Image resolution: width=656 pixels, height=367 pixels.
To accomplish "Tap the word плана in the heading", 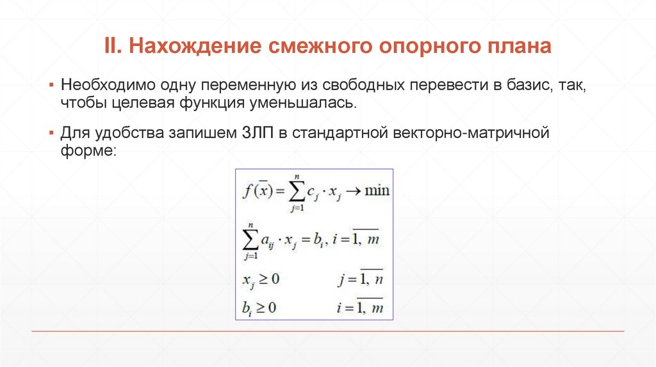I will (x=514, y=47).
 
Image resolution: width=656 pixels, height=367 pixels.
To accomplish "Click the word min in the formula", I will (x=377, y=191).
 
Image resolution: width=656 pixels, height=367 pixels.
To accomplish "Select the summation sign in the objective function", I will (x=295, y=191).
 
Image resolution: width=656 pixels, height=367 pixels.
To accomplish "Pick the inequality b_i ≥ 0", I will (x=259, y=308).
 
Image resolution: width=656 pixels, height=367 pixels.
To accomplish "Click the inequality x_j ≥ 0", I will (x=261, y=279).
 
